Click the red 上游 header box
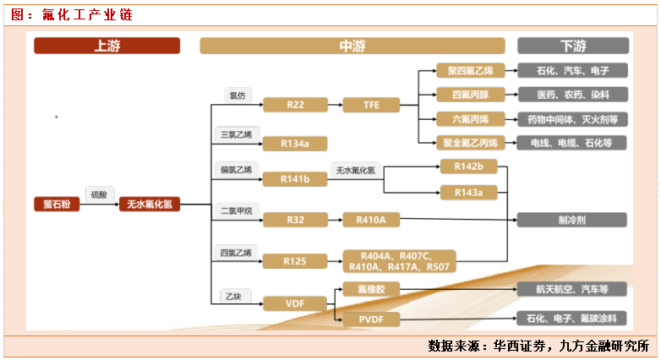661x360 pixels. (107, 46)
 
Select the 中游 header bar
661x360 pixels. (352, 46)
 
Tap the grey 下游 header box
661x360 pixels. (572, 46)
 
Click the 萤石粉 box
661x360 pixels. (57, 204)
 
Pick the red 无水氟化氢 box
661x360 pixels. (150, 204)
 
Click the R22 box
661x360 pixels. (295, 105)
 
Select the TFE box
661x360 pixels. (371, 105)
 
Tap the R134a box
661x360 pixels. (295, 144)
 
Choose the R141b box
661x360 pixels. (295, 179)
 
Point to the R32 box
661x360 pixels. (295, 220)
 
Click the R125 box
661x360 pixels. (295, 260)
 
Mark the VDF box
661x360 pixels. (295, 302)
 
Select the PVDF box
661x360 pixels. (371, 319)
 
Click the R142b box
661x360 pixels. (468, 166)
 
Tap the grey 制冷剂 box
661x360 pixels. (572, 220)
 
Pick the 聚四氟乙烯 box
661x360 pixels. (470, 71)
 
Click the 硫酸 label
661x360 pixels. (97, 194)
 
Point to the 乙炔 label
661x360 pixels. (232, 296)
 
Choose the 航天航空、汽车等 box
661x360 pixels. (572, 289)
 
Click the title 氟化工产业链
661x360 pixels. (74, 14)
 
